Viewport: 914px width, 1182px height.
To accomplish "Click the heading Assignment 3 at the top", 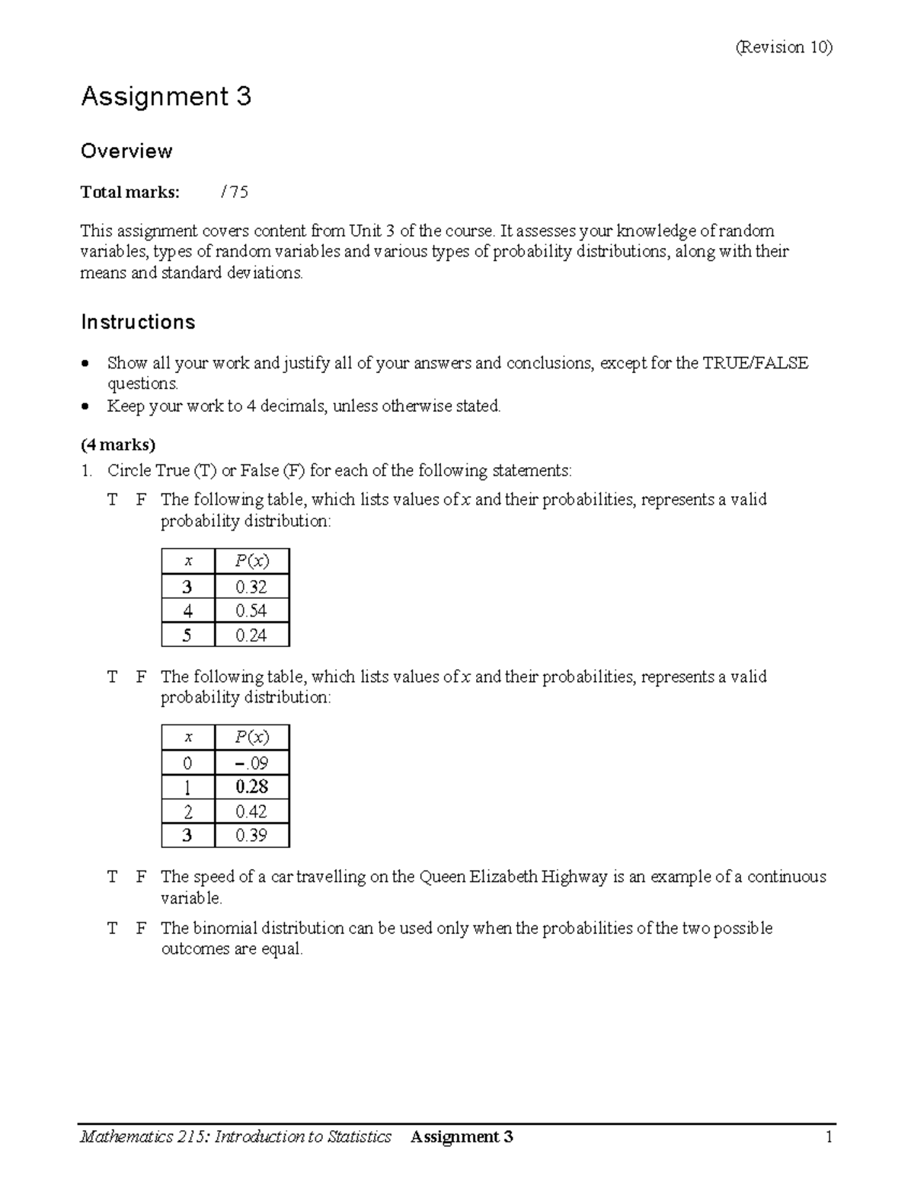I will [x=166, y=97].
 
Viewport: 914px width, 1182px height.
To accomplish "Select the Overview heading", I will [x=126, y=151].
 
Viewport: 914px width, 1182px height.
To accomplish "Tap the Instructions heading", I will [x=138, y=322].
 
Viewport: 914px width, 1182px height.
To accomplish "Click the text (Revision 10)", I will [x=784, y=47].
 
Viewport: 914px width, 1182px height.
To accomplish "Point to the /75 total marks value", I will [x=234, y=192].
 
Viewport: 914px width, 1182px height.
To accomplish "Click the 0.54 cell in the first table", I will [x=251, y=610].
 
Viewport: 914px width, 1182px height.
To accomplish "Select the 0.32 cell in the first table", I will [x=251, y=587].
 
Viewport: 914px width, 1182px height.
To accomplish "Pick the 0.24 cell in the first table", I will [x=251, y=635].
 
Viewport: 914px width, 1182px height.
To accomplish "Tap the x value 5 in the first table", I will [x=187, y=635].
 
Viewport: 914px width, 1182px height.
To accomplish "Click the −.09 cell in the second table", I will [x=251, y=763].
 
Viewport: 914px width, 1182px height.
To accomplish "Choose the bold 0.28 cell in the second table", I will [x=251, y=787].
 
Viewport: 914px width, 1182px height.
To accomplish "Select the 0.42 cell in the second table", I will [x=251, y=811].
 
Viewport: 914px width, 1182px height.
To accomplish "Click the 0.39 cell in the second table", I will [x=251, y=836].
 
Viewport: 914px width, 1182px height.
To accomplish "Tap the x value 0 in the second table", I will [x=187, y=763].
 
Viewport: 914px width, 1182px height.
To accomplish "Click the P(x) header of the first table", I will [x=251, y=562].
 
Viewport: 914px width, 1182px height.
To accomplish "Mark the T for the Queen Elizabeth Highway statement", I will [x=113, y=877].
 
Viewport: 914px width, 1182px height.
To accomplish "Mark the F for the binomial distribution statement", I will [x=141, y=929].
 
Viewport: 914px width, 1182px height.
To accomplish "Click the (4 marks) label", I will [x=118, y=444].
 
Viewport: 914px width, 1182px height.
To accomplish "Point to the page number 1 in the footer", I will [x=829, y=1137].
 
